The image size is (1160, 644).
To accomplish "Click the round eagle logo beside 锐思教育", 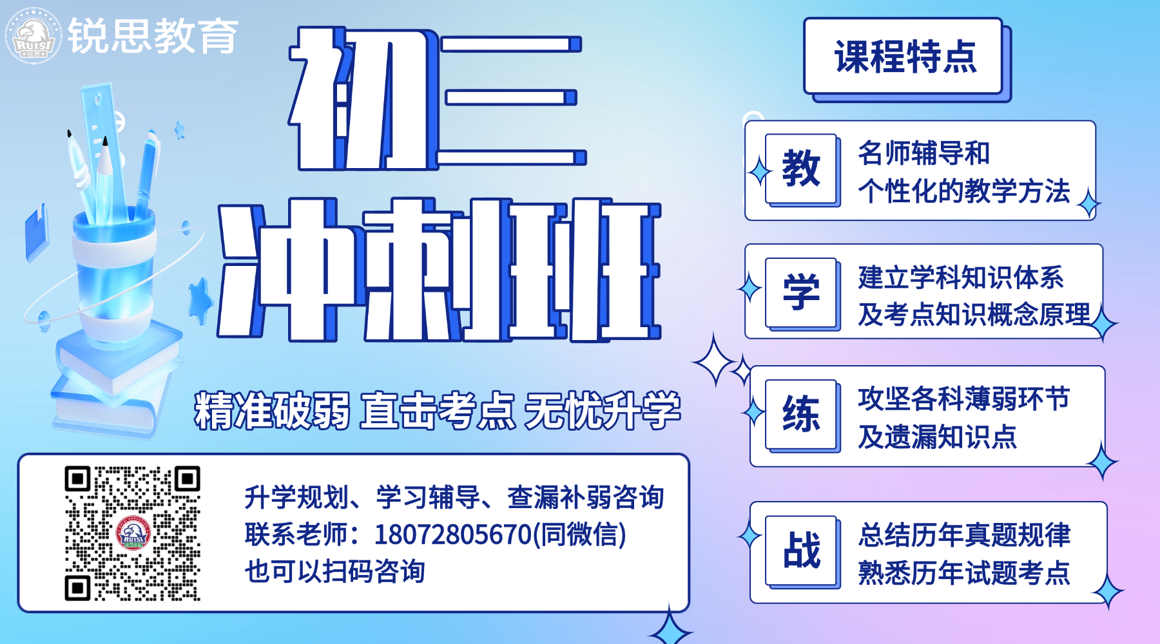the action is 34,35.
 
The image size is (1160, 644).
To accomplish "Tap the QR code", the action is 133,533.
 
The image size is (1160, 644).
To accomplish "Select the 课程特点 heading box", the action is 905,58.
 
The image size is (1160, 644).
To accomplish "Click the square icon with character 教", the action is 802,169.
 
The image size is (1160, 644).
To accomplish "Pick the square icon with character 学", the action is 802,293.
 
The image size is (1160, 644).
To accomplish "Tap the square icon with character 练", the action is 802,415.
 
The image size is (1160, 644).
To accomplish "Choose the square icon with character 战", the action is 802,551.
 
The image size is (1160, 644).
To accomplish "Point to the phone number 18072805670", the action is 452,535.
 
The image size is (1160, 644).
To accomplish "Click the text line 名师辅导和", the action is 923,153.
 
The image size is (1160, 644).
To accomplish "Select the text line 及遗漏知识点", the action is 937,437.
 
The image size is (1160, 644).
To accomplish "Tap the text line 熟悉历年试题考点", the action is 964,573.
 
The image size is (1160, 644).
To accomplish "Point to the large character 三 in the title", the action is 512,100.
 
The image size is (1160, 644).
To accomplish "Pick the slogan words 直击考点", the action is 438,410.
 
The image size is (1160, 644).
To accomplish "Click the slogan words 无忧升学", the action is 603,410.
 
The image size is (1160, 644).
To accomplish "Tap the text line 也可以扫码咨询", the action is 335,571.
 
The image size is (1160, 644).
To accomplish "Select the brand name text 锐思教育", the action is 153,36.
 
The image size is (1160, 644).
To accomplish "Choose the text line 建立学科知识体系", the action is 961,278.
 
